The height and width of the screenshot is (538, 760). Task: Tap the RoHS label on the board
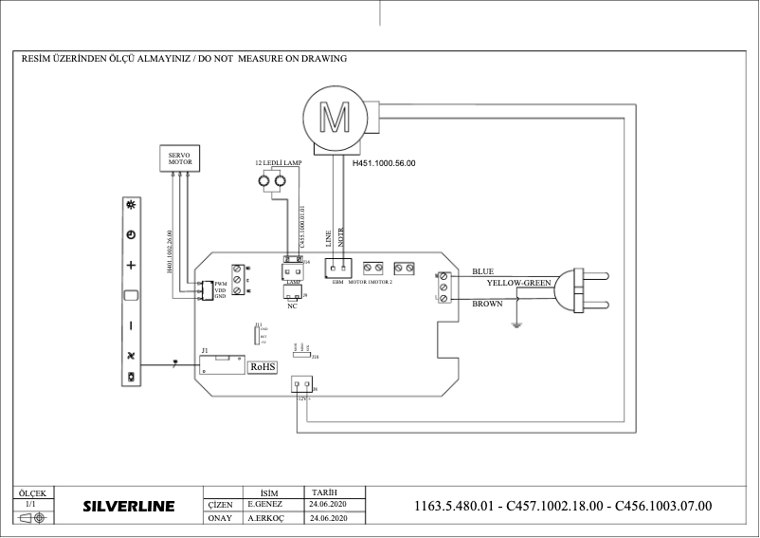click(x=262, y=365)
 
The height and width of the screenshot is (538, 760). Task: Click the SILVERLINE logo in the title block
click(x=129, y=507)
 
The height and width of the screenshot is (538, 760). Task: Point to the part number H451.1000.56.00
click(x=384, y=163)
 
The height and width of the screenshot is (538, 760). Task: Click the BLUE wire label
click(x=483, y=271)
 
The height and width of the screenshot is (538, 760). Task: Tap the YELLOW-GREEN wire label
click(x=518, y=283)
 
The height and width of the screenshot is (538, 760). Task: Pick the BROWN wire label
click(x=487, y=304)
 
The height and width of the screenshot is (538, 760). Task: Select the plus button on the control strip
click(x=131, y=265)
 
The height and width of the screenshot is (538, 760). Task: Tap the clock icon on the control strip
click(x=131, y=234)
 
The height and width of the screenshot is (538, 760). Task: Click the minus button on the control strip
click(x=131, y=325)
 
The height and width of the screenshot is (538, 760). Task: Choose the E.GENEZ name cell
click(x=265, y=506)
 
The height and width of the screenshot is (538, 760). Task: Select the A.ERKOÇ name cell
click(x=266, y=519)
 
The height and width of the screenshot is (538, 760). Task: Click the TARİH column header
click(x=323, y=492)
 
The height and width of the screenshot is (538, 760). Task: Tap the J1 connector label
click(x=205, y=350)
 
